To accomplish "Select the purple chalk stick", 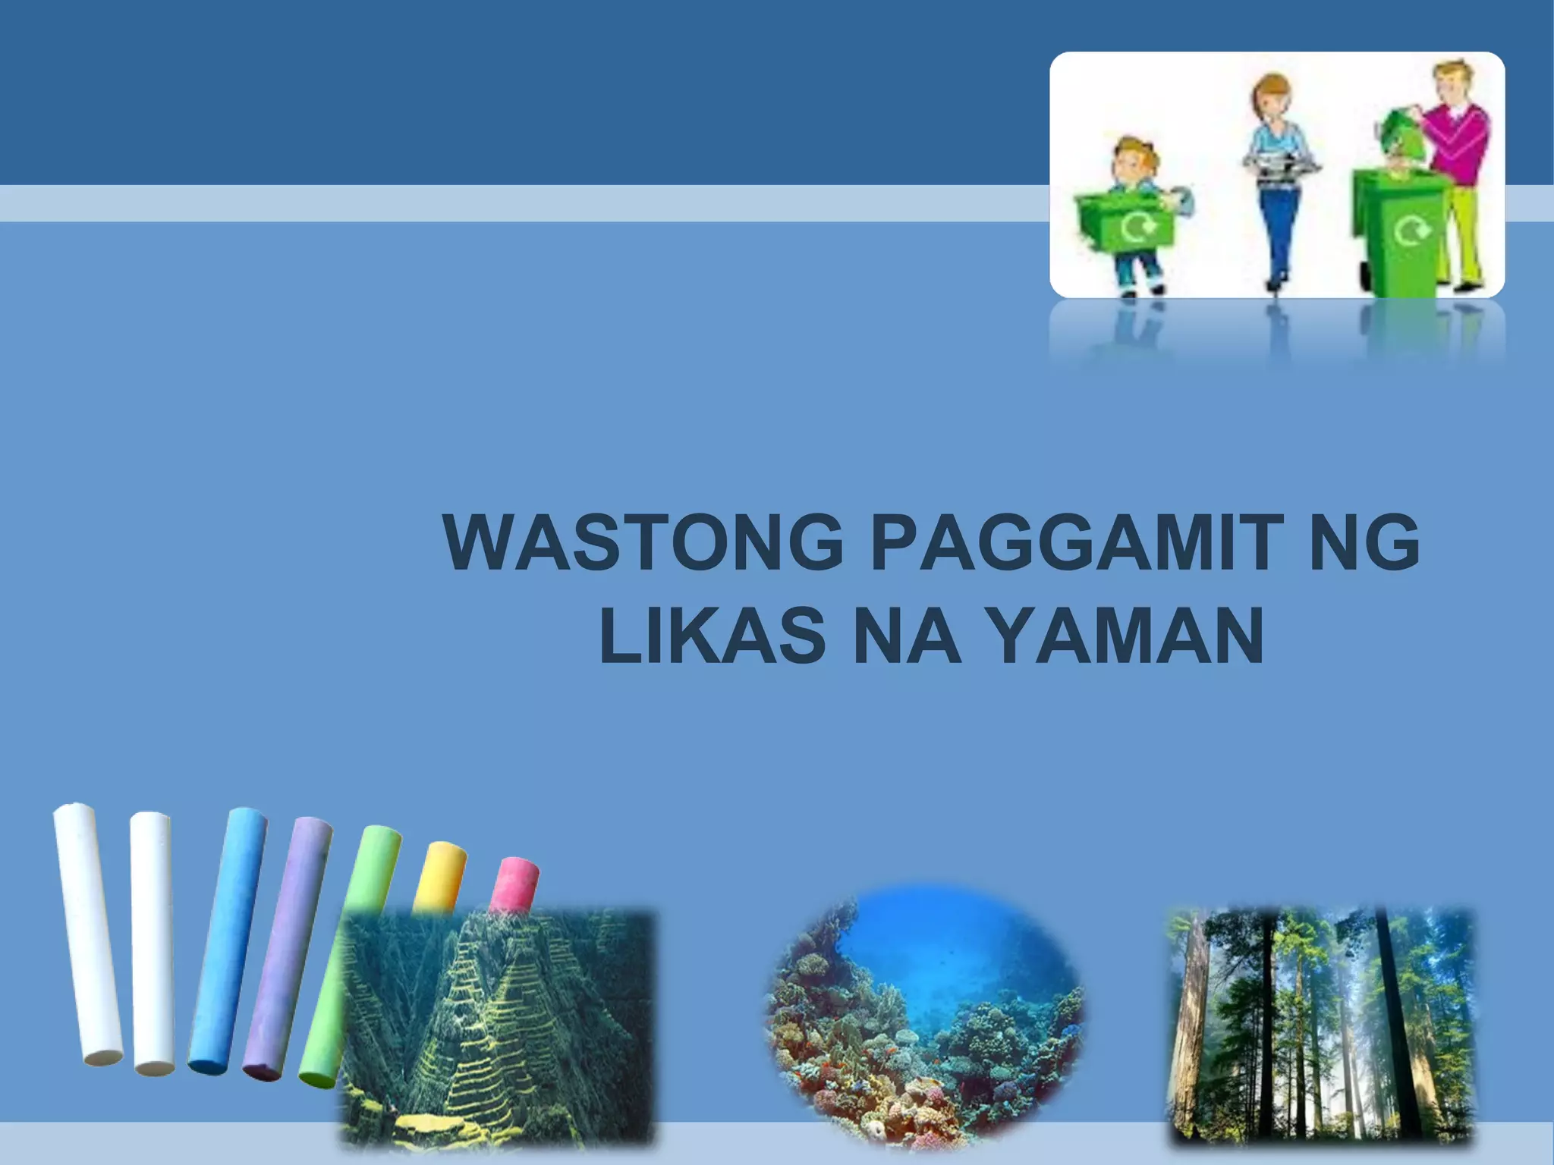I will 288,948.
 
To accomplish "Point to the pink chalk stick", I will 514,884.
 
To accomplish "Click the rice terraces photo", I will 497,1028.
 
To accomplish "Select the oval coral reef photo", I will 926,1016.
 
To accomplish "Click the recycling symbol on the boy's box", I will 1136,225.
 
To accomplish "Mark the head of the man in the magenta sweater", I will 1451,80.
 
